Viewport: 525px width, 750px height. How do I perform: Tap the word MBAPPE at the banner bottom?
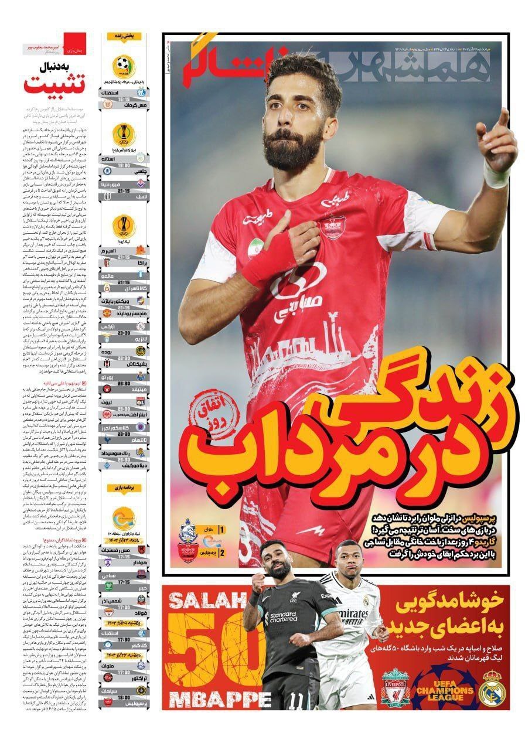[219, 699]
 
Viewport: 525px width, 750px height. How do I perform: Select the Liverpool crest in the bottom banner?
[395, 688]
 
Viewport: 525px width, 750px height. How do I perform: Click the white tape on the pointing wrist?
[495, 176]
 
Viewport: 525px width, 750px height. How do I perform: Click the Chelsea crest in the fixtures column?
[107, 171]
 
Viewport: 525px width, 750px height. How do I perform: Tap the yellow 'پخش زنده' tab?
[124, 36]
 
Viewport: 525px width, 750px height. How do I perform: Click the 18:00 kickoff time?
[124, 697]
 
